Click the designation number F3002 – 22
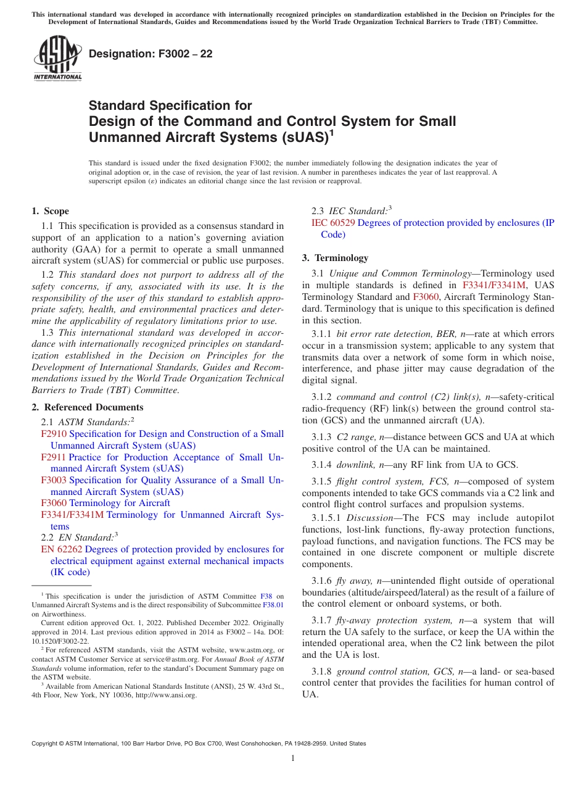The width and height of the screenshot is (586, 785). click(151, 54)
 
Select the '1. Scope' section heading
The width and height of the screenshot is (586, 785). click(50, 211)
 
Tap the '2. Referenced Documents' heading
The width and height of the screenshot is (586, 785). click(87, 407)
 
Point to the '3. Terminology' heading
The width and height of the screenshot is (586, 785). click(334, 257)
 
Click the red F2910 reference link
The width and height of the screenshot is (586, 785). click(54, 434)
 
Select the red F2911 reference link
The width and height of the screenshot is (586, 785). click(54, 457)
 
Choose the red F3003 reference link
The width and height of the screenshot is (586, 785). click(54, 480)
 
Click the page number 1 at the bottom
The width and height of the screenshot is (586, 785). click(293, 758)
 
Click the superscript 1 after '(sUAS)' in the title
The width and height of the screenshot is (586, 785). click(331, 132)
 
